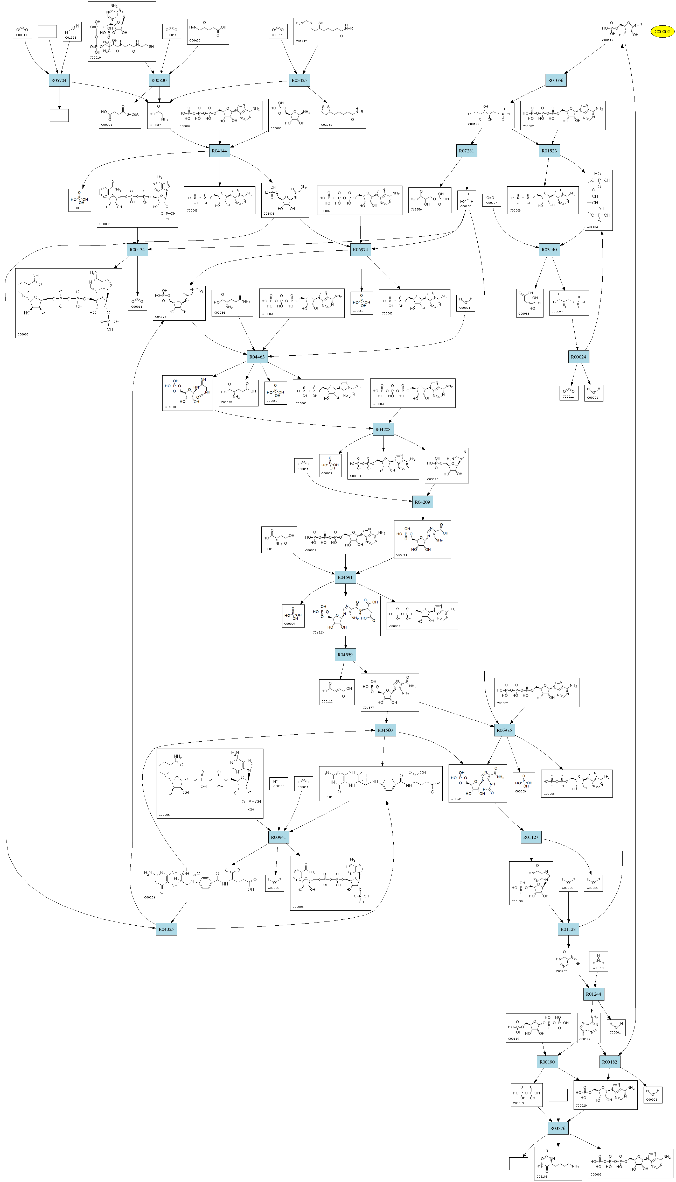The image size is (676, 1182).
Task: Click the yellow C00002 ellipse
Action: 661,32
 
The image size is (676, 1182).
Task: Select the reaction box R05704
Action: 59,80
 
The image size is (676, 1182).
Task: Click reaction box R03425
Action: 299,80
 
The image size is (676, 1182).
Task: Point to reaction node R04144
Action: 220,151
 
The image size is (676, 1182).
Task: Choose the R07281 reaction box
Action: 466,151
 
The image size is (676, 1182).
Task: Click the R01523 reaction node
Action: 549,151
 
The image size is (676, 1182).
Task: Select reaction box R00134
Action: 137,250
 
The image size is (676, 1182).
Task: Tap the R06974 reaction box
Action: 360,250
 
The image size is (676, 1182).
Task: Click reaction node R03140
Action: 549,250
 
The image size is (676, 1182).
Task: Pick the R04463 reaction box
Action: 257,357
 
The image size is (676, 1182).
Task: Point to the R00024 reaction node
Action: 579,357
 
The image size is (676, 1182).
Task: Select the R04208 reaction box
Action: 383,429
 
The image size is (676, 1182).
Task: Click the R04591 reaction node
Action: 345,577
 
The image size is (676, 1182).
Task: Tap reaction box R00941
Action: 278,837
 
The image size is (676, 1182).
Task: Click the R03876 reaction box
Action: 558,1128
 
